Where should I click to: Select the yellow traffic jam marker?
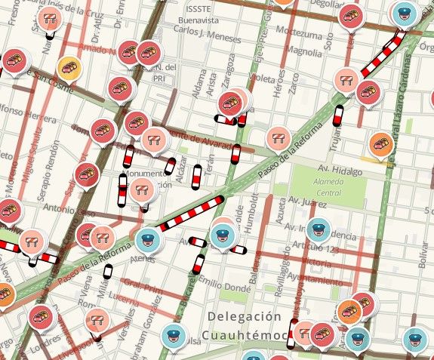tap(69, 69)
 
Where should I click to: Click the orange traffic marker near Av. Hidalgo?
tap(380, 143)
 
